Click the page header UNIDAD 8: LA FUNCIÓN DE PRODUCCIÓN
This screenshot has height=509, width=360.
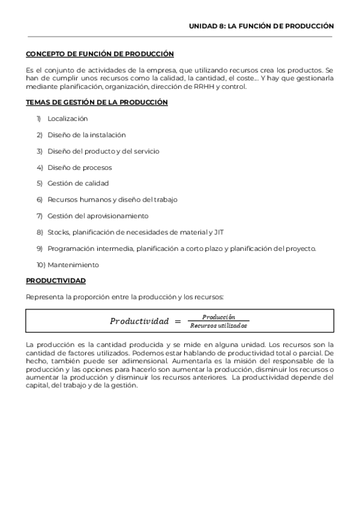(261, 26)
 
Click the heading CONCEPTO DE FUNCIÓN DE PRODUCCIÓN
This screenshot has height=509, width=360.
(100, 54)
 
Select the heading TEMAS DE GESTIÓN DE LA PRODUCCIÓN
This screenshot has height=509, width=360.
(97, 103)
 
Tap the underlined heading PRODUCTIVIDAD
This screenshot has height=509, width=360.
(56, 280)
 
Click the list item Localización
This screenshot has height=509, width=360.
(67, 119)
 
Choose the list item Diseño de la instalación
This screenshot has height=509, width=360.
(86, 135)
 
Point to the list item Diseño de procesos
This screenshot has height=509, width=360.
(79, 167)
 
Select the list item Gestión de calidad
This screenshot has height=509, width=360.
(78, 184)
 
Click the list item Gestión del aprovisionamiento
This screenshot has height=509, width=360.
(98, 216)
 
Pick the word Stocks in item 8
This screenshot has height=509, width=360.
(58, 232)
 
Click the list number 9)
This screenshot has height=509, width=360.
(40, 248)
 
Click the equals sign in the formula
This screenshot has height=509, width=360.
(178, 321)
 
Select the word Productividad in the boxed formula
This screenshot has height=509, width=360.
(139, 321)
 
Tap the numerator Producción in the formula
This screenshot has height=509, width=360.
(218, 317)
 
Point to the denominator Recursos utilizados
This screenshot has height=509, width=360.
(218, 326)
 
